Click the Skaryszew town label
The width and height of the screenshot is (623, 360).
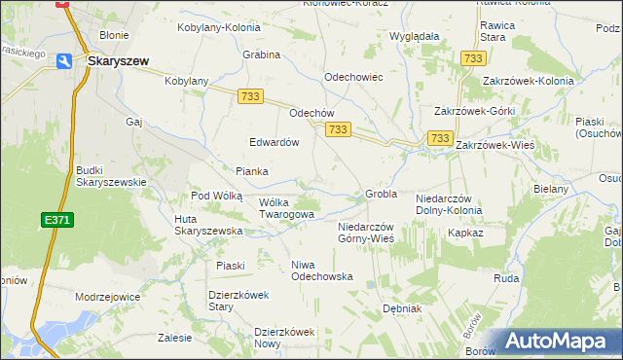tap(118, 60)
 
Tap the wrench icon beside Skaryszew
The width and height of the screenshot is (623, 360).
tap(64, 60)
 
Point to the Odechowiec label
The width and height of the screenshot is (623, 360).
tap(352, 77)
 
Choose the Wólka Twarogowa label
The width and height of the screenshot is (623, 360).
tap(286, 208)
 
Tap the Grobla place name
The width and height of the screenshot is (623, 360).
tap(381, 194)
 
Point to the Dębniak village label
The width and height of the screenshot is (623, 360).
tap(401, 308)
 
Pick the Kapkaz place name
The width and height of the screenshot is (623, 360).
tap(464, 234)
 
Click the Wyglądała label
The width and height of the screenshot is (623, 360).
tap(415, 35)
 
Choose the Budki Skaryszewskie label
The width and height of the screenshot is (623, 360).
tap(111, 176)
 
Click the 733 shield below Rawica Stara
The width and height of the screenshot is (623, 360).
tap(474, 58)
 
